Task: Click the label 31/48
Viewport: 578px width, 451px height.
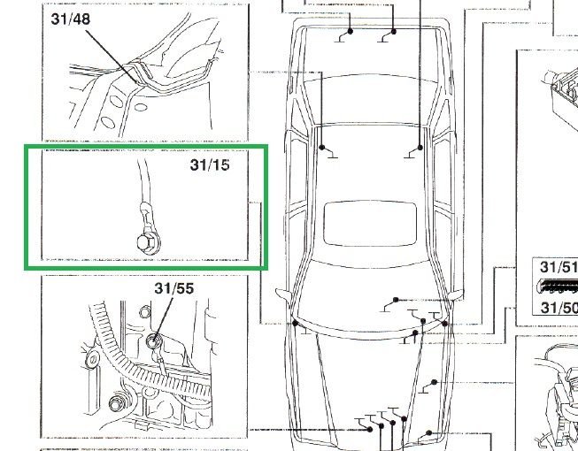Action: (x=71, y=19)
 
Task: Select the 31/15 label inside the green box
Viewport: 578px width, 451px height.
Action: (x=210, y=164)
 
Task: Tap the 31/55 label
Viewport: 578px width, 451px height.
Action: (x=174, y=288)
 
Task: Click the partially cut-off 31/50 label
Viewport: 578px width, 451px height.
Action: (x=559, y=308)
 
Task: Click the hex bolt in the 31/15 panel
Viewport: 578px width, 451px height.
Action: (x=146, y=242)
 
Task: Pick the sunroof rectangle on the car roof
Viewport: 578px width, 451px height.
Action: (x=370, y=224)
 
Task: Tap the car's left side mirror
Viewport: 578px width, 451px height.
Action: (x=283, y=295)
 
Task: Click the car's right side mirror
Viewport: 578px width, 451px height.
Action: (x=456, y=295)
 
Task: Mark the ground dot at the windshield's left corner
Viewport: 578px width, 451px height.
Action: (x=295, y=324)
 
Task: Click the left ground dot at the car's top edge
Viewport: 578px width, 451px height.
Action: (x=350, y=31)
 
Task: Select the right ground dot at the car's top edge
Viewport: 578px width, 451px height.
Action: (x=393, y=32)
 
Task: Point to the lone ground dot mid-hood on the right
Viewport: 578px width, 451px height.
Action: (x=434, y=382)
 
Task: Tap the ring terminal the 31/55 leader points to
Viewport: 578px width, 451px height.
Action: (x=152, y=341)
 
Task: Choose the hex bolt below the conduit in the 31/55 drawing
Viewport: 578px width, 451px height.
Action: (x=117, y=404)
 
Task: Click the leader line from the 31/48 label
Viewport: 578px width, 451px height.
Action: (x=112, y=56)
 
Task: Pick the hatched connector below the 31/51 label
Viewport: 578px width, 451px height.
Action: (x=559, y=287)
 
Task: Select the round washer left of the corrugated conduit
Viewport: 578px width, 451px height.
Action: (x=92, y=359)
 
